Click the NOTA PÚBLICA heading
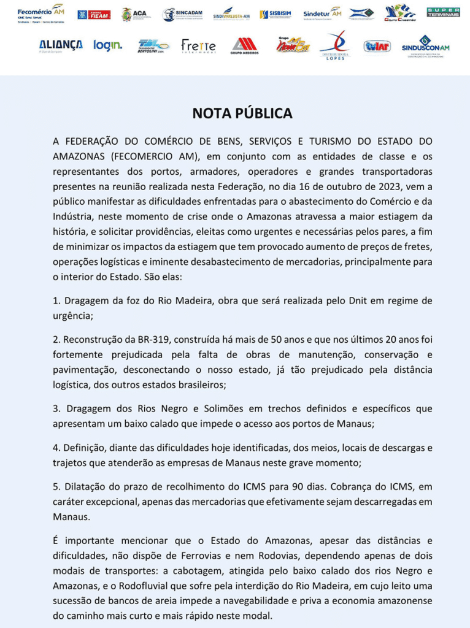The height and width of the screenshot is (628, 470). click(242, 113)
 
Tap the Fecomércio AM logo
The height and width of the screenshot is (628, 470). click(40, 13)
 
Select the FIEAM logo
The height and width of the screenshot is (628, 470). click(94, 14)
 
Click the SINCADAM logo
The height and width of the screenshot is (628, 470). click(182, 14)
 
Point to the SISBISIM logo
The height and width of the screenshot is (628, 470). click(275, 14)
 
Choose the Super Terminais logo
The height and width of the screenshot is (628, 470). click(443, 12)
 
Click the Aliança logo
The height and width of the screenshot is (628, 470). click(61, 45)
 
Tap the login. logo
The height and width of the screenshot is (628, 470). click(107, 45)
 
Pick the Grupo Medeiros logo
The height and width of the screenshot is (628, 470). click(244, 46)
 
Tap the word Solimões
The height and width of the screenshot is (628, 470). click(202, 408)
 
